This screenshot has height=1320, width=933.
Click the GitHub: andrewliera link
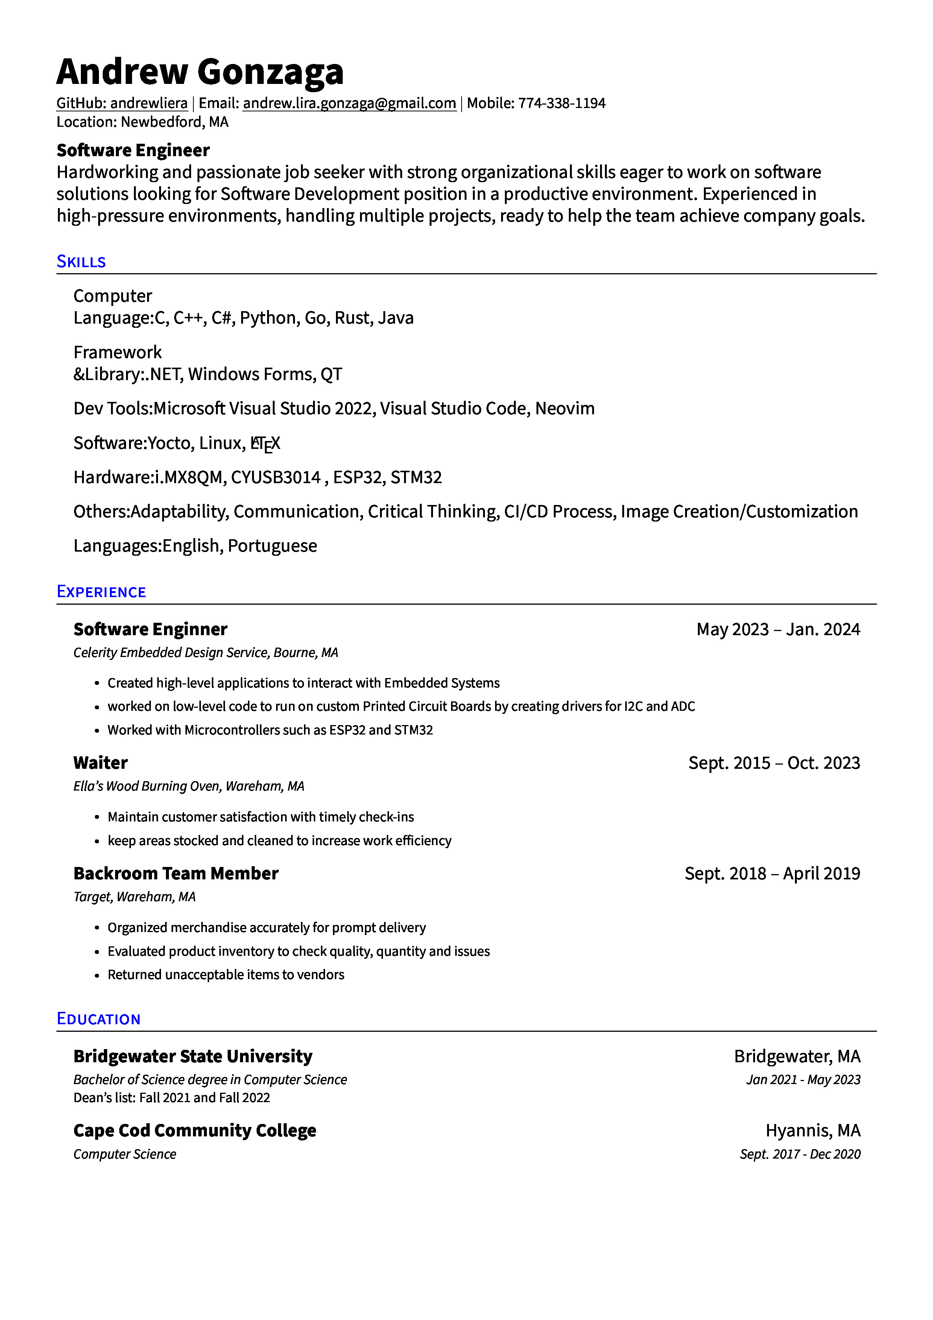coord(122,103)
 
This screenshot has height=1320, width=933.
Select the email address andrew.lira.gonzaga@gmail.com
coord(349,103)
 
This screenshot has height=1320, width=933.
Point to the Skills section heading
coord(81,262)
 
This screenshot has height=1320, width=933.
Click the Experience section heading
coord(101,592)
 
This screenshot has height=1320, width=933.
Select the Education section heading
coord(98,1019)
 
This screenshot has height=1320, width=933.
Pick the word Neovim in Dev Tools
coord(565,409)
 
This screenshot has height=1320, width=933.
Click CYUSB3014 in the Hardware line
coord(275,478)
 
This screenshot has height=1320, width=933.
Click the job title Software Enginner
coord(150,630)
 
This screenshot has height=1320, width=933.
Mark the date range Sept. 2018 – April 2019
coord(772,874)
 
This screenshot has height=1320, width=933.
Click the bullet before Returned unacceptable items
coord(97,976)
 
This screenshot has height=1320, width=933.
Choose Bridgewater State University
coord(193,1057)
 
